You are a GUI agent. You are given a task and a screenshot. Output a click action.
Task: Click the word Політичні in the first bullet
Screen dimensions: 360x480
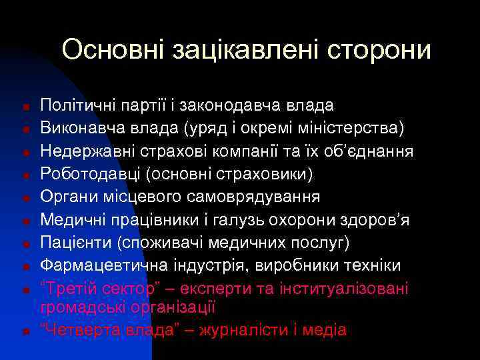point(76,105)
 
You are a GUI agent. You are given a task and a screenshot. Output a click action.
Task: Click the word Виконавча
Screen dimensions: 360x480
point(77,128)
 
